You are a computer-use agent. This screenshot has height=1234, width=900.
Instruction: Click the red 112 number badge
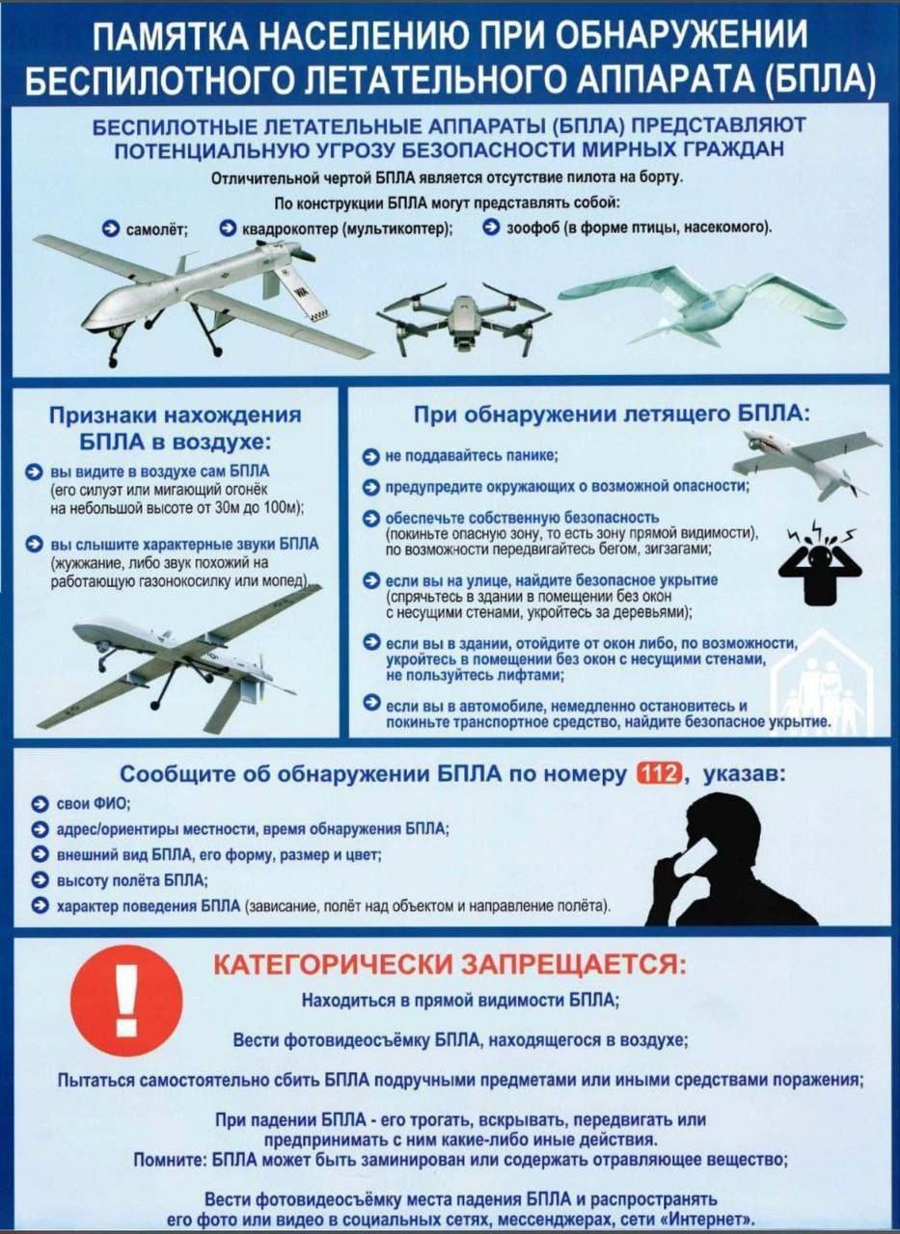tap(660, 775)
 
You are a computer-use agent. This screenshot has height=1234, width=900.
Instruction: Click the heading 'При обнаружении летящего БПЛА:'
tap(612, 415)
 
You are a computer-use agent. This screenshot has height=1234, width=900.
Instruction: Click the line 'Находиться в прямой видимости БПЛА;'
tap(460, 1000)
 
